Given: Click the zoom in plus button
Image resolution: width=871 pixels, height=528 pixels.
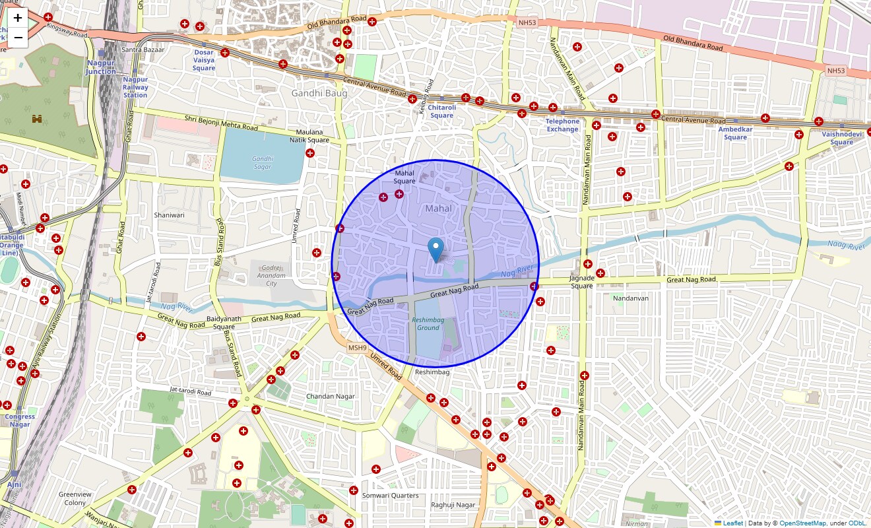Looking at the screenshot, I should [18, 18].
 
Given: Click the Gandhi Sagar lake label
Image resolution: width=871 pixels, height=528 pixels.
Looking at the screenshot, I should [262, 162].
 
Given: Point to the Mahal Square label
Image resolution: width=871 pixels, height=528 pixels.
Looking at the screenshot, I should [404, 177].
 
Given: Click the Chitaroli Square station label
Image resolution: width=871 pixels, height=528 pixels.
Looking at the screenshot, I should [441, 112].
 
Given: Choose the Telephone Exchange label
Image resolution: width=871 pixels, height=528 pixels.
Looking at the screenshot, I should [562, 125].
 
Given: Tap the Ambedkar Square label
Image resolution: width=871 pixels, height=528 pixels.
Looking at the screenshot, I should [735, 133].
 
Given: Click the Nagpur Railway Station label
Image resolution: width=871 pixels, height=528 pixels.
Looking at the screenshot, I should [135, 87].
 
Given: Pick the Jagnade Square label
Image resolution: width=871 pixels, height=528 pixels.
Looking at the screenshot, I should [582, 282].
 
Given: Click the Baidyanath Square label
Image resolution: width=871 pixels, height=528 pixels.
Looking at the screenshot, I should [224, 323].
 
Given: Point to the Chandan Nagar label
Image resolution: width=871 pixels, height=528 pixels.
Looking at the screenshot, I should [330, 397].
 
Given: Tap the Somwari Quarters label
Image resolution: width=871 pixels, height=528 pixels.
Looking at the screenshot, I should [390, 496].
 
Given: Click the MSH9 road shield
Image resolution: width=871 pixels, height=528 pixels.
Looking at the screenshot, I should [357, 348].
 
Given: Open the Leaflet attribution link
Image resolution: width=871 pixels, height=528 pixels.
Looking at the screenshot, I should [732, 523].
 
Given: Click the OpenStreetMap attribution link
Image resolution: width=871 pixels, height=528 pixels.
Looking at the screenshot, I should [802, 523].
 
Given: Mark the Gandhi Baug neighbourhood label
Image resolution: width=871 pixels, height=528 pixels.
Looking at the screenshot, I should [319, 94].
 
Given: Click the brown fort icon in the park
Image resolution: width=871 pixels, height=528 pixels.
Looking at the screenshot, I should [36, 119].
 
